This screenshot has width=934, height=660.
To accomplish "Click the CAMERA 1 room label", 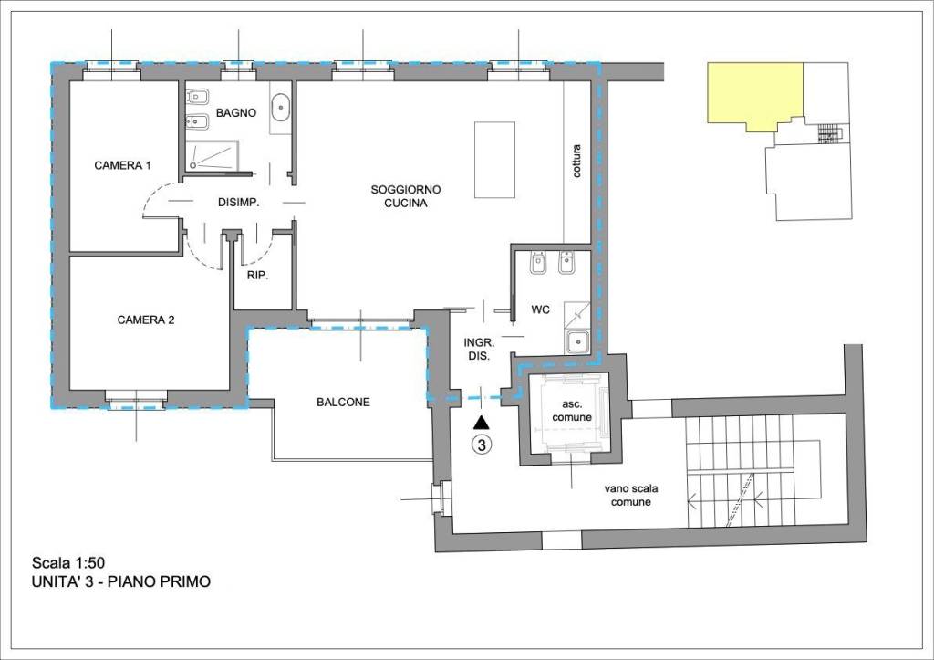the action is pos(122,165).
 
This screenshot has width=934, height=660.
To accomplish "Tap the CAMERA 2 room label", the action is pos(146,320).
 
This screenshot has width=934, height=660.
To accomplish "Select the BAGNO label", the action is pos(236,112).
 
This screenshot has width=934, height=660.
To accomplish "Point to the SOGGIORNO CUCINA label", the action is pos(406,196).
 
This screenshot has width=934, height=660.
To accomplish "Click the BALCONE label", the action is pos(343,402).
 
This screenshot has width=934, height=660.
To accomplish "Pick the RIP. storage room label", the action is pos(258,276).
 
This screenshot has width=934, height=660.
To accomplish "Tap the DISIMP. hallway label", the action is pos(238,203).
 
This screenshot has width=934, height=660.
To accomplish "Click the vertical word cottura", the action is pos(576,161).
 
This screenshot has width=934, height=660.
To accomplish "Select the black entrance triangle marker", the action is pos(482,424).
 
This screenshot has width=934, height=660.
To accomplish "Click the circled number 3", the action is pos(482,445).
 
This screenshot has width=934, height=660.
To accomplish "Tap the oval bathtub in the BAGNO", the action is pos(281,108).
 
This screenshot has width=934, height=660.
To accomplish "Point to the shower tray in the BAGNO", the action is pos(213,155).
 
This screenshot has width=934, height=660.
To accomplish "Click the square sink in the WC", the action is pos(577,341).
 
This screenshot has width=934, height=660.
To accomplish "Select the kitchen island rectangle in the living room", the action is pos(494,160).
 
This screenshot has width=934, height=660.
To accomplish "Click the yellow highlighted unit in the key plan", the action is pos(754,94).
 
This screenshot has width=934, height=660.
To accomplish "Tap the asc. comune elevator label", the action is pos(572,411).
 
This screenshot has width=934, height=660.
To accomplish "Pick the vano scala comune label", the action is pos(631,496).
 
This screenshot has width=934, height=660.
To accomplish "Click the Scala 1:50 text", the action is pos(68,562).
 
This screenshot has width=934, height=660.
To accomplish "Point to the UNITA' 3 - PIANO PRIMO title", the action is pos(121,581).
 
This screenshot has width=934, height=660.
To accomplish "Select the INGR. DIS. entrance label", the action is pos(479,350).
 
